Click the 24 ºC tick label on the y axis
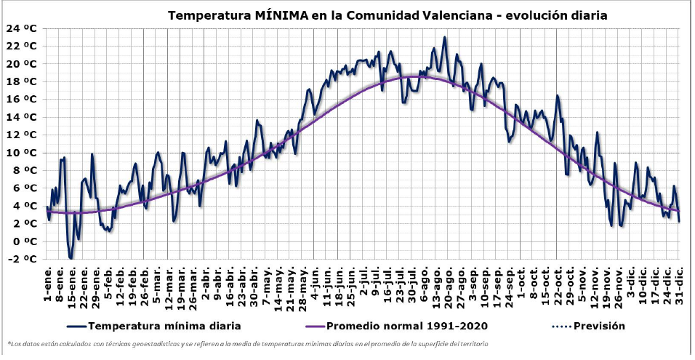[22, 28]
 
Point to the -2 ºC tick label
[22, 259]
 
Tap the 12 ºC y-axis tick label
[22, 135]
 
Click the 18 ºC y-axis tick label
[22, 81]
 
